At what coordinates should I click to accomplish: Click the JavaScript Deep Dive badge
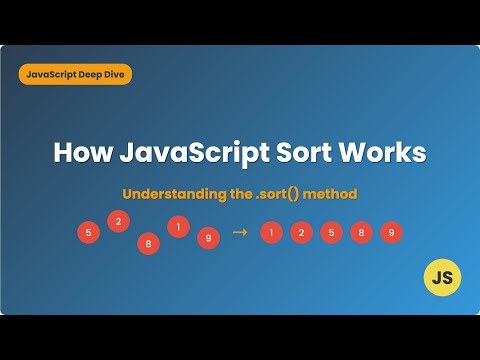click(75, 74)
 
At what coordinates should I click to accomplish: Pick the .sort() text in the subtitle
click(281, 193)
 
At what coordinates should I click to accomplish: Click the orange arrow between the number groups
click(239, 232)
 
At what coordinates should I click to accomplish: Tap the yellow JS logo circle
click(441, 277)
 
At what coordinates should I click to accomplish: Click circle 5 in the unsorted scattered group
click(89, 233)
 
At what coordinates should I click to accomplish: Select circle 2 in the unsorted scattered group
click(118, 221)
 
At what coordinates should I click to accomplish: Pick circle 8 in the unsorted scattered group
click(148, 243)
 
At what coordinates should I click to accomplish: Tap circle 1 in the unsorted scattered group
click(178, 226)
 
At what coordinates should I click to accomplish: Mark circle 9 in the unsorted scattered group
click(208, 238)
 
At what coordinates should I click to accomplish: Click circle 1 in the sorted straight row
click(271, 233)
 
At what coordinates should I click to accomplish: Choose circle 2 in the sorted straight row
click(301, 233)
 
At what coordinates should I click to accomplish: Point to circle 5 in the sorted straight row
click(331, 233)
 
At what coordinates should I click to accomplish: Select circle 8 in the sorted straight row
click(361, 233)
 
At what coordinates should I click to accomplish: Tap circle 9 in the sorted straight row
click(391, 233)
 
